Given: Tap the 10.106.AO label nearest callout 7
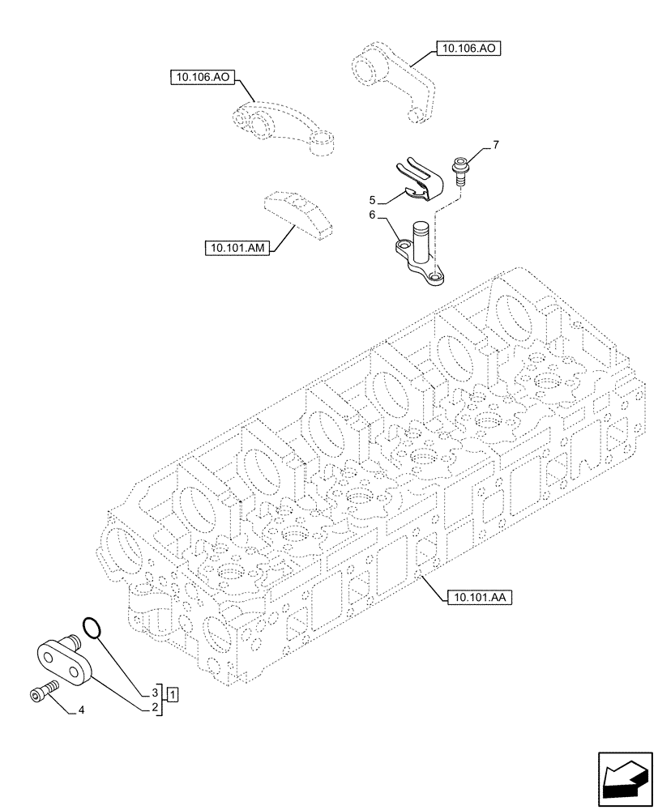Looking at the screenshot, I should click(x=468, y=49).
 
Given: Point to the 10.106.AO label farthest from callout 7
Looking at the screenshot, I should click(x=202, y=78).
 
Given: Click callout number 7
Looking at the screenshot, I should click(x=496, y=145).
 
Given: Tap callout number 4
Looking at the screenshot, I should click(x=81, y=711).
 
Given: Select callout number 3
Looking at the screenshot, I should click(x=153, y=693).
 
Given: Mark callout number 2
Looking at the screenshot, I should click(x=153, y=708).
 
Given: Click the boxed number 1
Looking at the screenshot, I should click(x=174, y=694).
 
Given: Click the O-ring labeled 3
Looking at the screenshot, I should click(x=93, y=627).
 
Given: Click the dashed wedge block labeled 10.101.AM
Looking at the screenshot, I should click(x=295, y=215).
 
